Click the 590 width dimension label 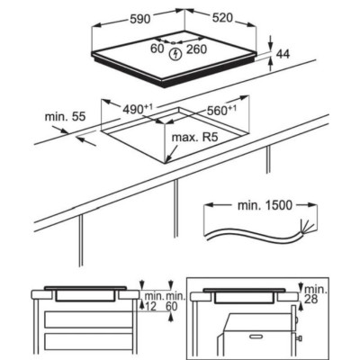point(140,19)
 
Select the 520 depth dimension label point(222,18)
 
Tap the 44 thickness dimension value point(283,54)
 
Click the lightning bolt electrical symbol point(175,54)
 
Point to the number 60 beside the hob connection point(157,49)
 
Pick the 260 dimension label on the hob point(196,49)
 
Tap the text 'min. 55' point(65,116)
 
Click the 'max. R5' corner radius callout point(194,138)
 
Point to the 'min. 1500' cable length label point(265,205)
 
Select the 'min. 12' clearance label point(154,301)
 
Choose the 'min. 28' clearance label point(316,294)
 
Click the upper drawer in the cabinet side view point(89,319)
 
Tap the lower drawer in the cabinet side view point(89,342)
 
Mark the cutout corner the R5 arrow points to point(165,163)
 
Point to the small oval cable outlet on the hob point(174,42)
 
